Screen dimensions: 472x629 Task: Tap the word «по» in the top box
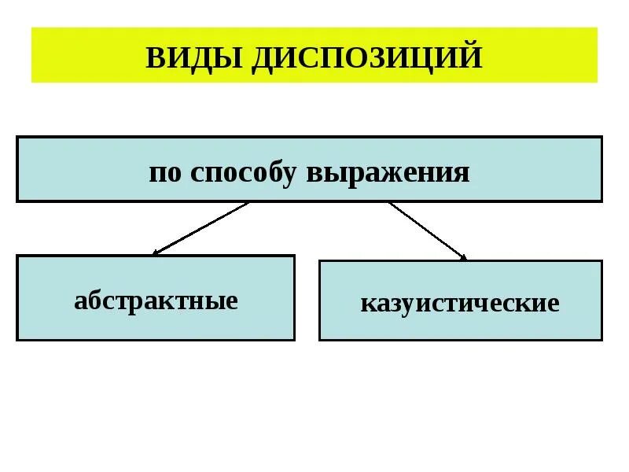click(165, 171)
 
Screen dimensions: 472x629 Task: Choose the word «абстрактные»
click(156, 300)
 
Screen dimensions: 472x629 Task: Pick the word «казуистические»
click(460, 303)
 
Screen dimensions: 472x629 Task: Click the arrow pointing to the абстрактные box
click(200, 228)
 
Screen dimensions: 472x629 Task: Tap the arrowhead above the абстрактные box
click(156, 253)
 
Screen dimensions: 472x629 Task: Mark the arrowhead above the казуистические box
click(463, 256)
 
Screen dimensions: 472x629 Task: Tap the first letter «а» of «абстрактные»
click(79, 301)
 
